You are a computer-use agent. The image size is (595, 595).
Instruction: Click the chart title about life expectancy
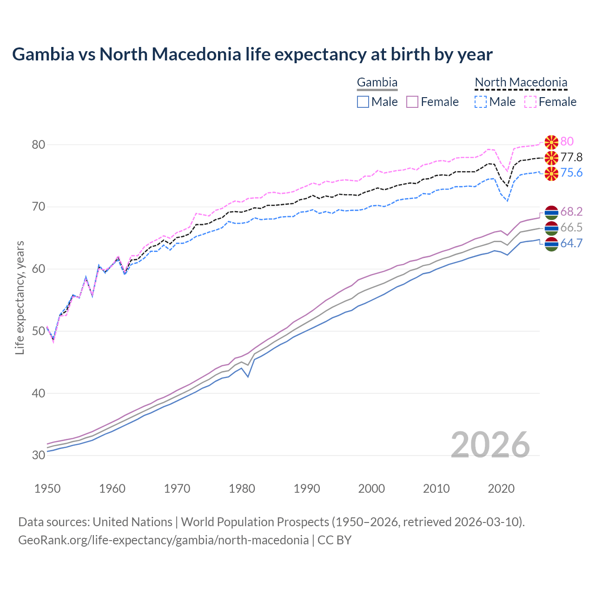tap(252, 54)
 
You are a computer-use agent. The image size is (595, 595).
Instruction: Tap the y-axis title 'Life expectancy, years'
tap(20, 297)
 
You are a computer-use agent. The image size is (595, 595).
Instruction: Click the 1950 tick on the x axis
tap(47, 489)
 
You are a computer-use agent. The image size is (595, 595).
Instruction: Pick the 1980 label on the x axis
tap(242, 489)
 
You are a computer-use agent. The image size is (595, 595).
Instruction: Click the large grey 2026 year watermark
tap(490, 445)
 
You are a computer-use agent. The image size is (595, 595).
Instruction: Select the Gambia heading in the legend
tap(377, 83)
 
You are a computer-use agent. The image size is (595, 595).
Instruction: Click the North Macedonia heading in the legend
tap(521, 83)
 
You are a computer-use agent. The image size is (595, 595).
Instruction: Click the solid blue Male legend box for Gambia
tap(363, 102)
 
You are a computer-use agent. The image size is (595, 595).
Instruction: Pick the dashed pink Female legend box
tap(530, 102)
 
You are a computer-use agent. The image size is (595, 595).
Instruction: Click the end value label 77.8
tap(571, 157)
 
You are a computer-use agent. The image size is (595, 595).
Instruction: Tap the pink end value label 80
tap(567, 141)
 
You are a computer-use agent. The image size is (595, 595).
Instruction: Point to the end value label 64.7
tap(571, 243)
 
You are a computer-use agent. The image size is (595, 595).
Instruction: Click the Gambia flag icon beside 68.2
tap(551, 212)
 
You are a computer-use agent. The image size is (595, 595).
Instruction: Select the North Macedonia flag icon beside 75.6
tap(551, 174)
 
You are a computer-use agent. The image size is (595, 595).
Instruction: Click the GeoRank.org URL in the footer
tap(163, 540)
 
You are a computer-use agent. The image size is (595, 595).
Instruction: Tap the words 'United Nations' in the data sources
tap(132, 522)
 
